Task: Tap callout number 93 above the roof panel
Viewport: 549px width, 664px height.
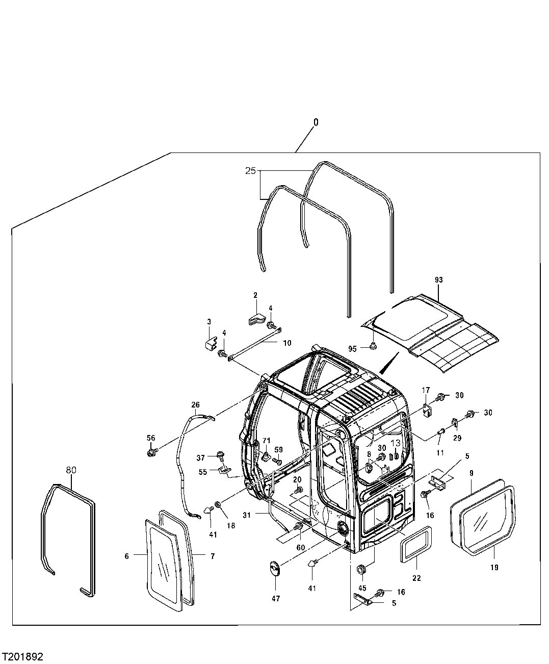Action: [439, 280]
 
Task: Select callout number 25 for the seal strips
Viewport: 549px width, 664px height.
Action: [250, 171]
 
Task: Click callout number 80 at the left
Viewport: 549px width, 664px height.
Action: [71, 469]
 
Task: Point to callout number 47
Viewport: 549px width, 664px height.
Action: [275, 599]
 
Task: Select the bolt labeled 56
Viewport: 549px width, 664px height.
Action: [151, 452]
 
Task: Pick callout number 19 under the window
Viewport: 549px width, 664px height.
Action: [494, 567]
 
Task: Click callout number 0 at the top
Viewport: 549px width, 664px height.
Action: [316, 122]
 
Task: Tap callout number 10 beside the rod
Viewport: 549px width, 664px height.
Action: [287, 343]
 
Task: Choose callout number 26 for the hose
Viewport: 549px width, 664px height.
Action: [196, 405]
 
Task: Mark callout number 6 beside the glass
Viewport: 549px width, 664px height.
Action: [127, 556]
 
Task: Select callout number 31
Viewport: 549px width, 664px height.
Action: [247, 515]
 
